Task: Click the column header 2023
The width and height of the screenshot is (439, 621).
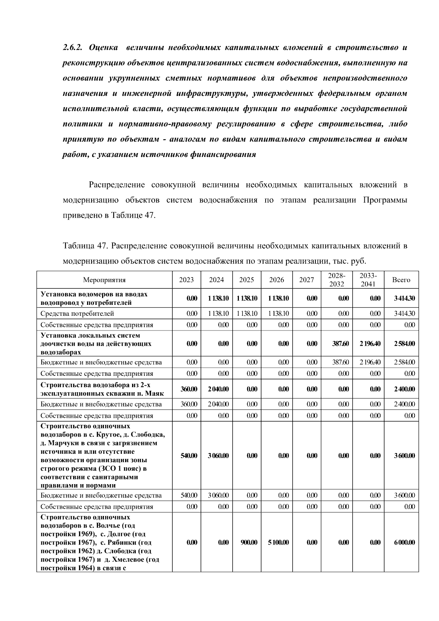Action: pyautogui.click(x=186, y=280)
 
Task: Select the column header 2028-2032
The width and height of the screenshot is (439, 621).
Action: pyautogui.click(x=337, y=280)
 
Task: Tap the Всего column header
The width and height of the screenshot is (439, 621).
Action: pyautogui.click(x=401, y=280)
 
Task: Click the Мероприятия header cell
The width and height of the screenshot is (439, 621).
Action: pyautogui.click(x=104, y=280)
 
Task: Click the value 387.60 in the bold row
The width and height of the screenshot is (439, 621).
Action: pyautogui.click(x=340, y=344)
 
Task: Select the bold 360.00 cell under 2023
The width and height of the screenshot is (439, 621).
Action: pyautogui.click(x=189, y=389)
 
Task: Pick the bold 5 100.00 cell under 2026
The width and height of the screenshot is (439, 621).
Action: pyautogui.click(x=278, y=542)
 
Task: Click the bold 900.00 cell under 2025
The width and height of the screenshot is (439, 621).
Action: pyautogui.click(x=249, y=542)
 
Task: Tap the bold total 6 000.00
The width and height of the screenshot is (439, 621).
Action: pyautogui.click(x=404, y=542)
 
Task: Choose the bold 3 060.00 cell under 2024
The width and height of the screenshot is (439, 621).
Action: pyautogui.click(x=218, y=456)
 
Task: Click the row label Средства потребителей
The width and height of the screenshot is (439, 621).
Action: pyautogui.click(x=77, y=314)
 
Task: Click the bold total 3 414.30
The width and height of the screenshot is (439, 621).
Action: pyautogui.click(x=404, y=298)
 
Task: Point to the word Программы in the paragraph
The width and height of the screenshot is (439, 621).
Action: pyautogui.click(x=385, y=200)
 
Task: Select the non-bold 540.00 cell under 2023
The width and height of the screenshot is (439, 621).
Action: pyautogui.click(x=189, y=495)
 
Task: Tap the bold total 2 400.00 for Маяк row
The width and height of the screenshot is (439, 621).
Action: pyautogui.click(x=404, y=389)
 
